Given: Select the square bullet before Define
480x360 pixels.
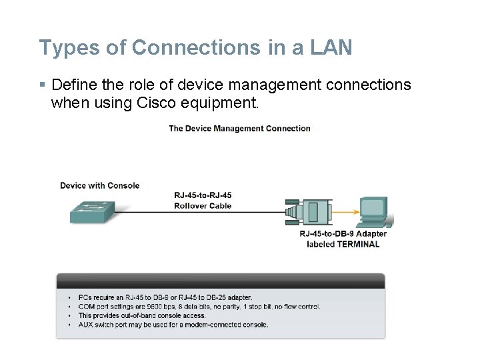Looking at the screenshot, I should pos(43,85).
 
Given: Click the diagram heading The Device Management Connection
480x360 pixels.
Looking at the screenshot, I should pos(239,129).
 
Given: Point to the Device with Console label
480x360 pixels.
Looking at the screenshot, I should pos(99,185).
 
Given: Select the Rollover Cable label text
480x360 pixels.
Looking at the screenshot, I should pos(203,206).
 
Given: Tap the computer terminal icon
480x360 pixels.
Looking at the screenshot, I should pos(374,212).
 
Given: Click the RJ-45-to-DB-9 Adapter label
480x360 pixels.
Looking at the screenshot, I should pos(343,234).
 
